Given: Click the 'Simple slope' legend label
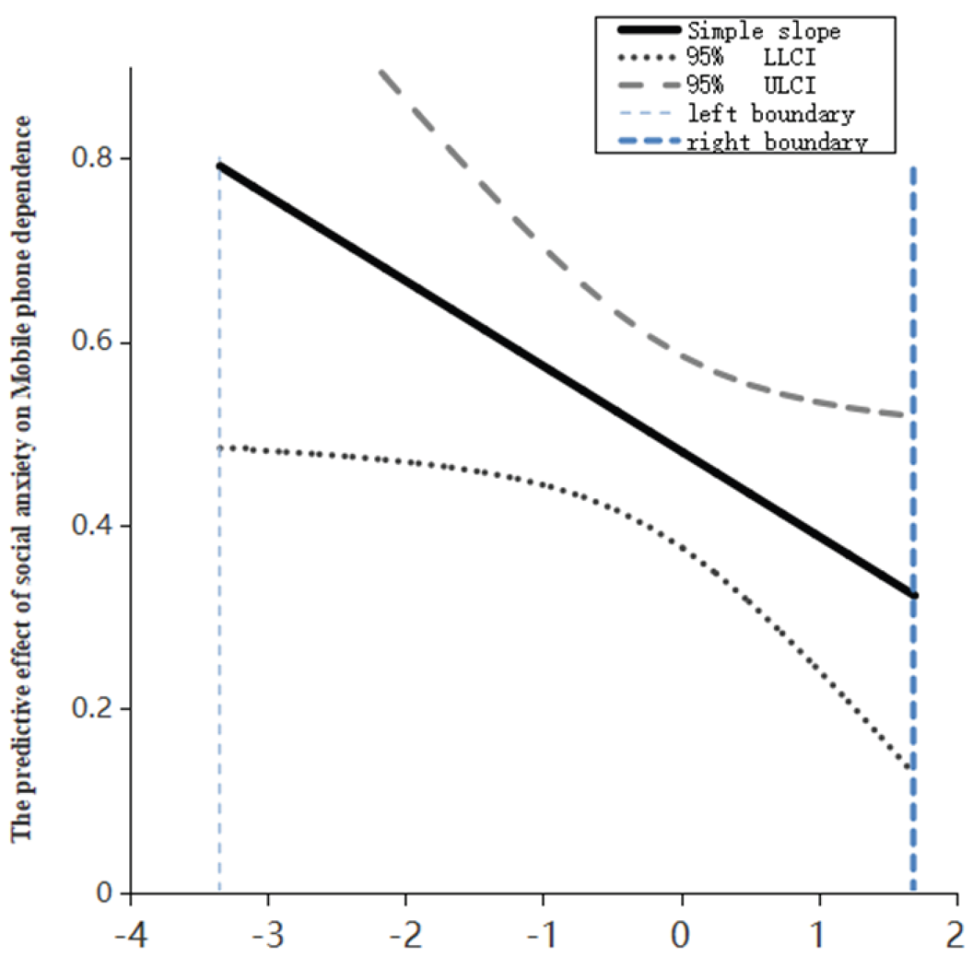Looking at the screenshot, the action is [x=764, y=32].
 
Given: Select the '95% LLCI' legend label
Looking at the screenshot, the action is [x=750, y=57].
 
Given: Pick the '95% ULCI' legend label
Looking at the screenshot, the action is [x=750, y=85].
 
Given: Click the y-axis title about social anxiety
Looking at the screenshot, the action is [x=21, y=478].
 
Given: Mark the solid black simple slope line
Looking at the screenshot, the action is [x=567, y=381].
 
